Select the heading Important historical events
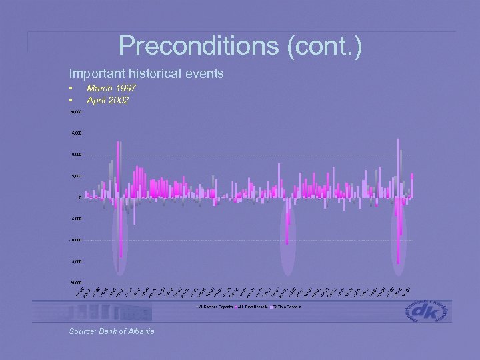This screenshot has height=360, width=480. pos(146,73)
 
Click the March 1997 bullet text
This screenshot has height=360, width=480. pos(111,88)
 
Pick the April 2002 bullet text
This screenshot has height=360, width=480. pos(107,101)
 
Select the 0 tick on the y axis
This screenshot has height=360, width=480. pos(79,197)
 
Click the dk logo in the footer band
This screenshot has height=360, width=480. pos(428,311)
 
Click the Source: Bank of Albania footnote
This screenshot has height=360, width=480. pos(111,331)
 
